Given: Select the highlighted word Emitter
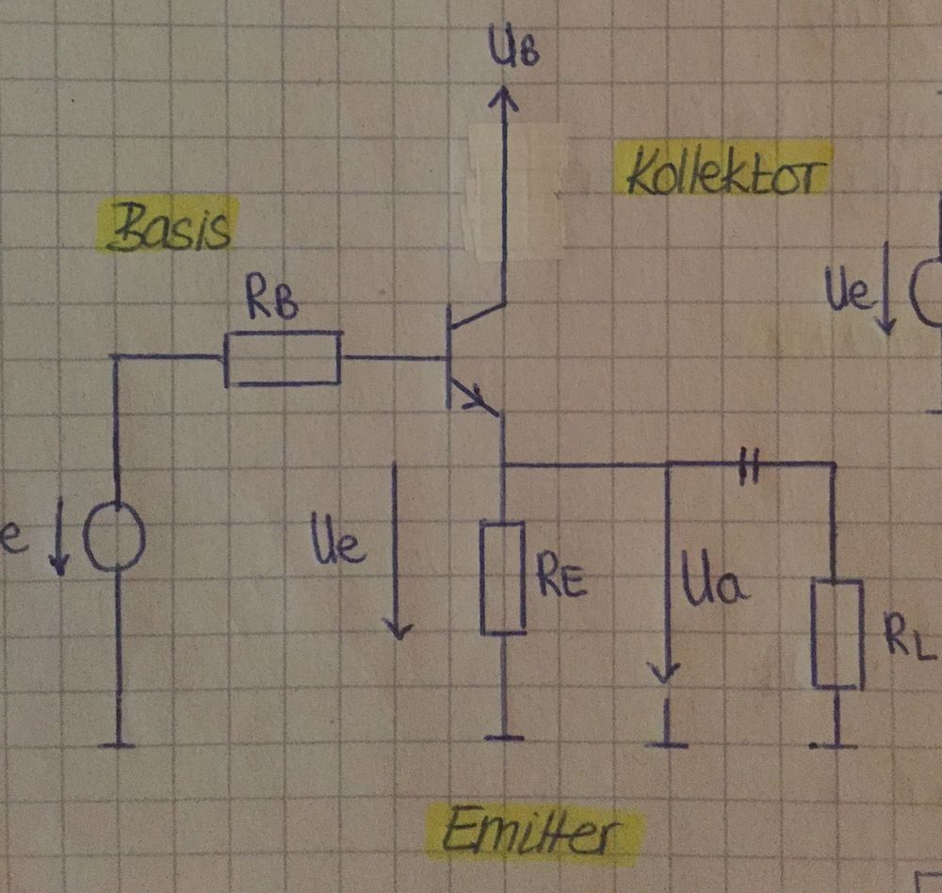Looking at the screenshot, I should [533, 834].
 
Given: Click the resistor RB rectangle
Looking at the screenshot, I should [283, 358].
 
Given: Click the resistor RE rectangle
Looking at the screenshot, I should [503, 576].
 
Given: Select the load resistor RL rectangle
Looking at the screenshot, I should [836, 634].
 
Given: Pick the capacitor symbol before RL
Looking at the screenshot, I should [750, 464].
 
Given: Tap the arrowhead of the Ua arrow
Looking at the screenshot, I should [667, 674].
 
